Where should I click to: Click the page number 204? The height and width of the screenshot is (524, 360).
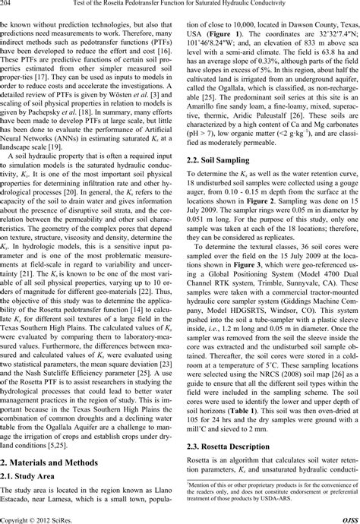(x=9, y=5)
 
